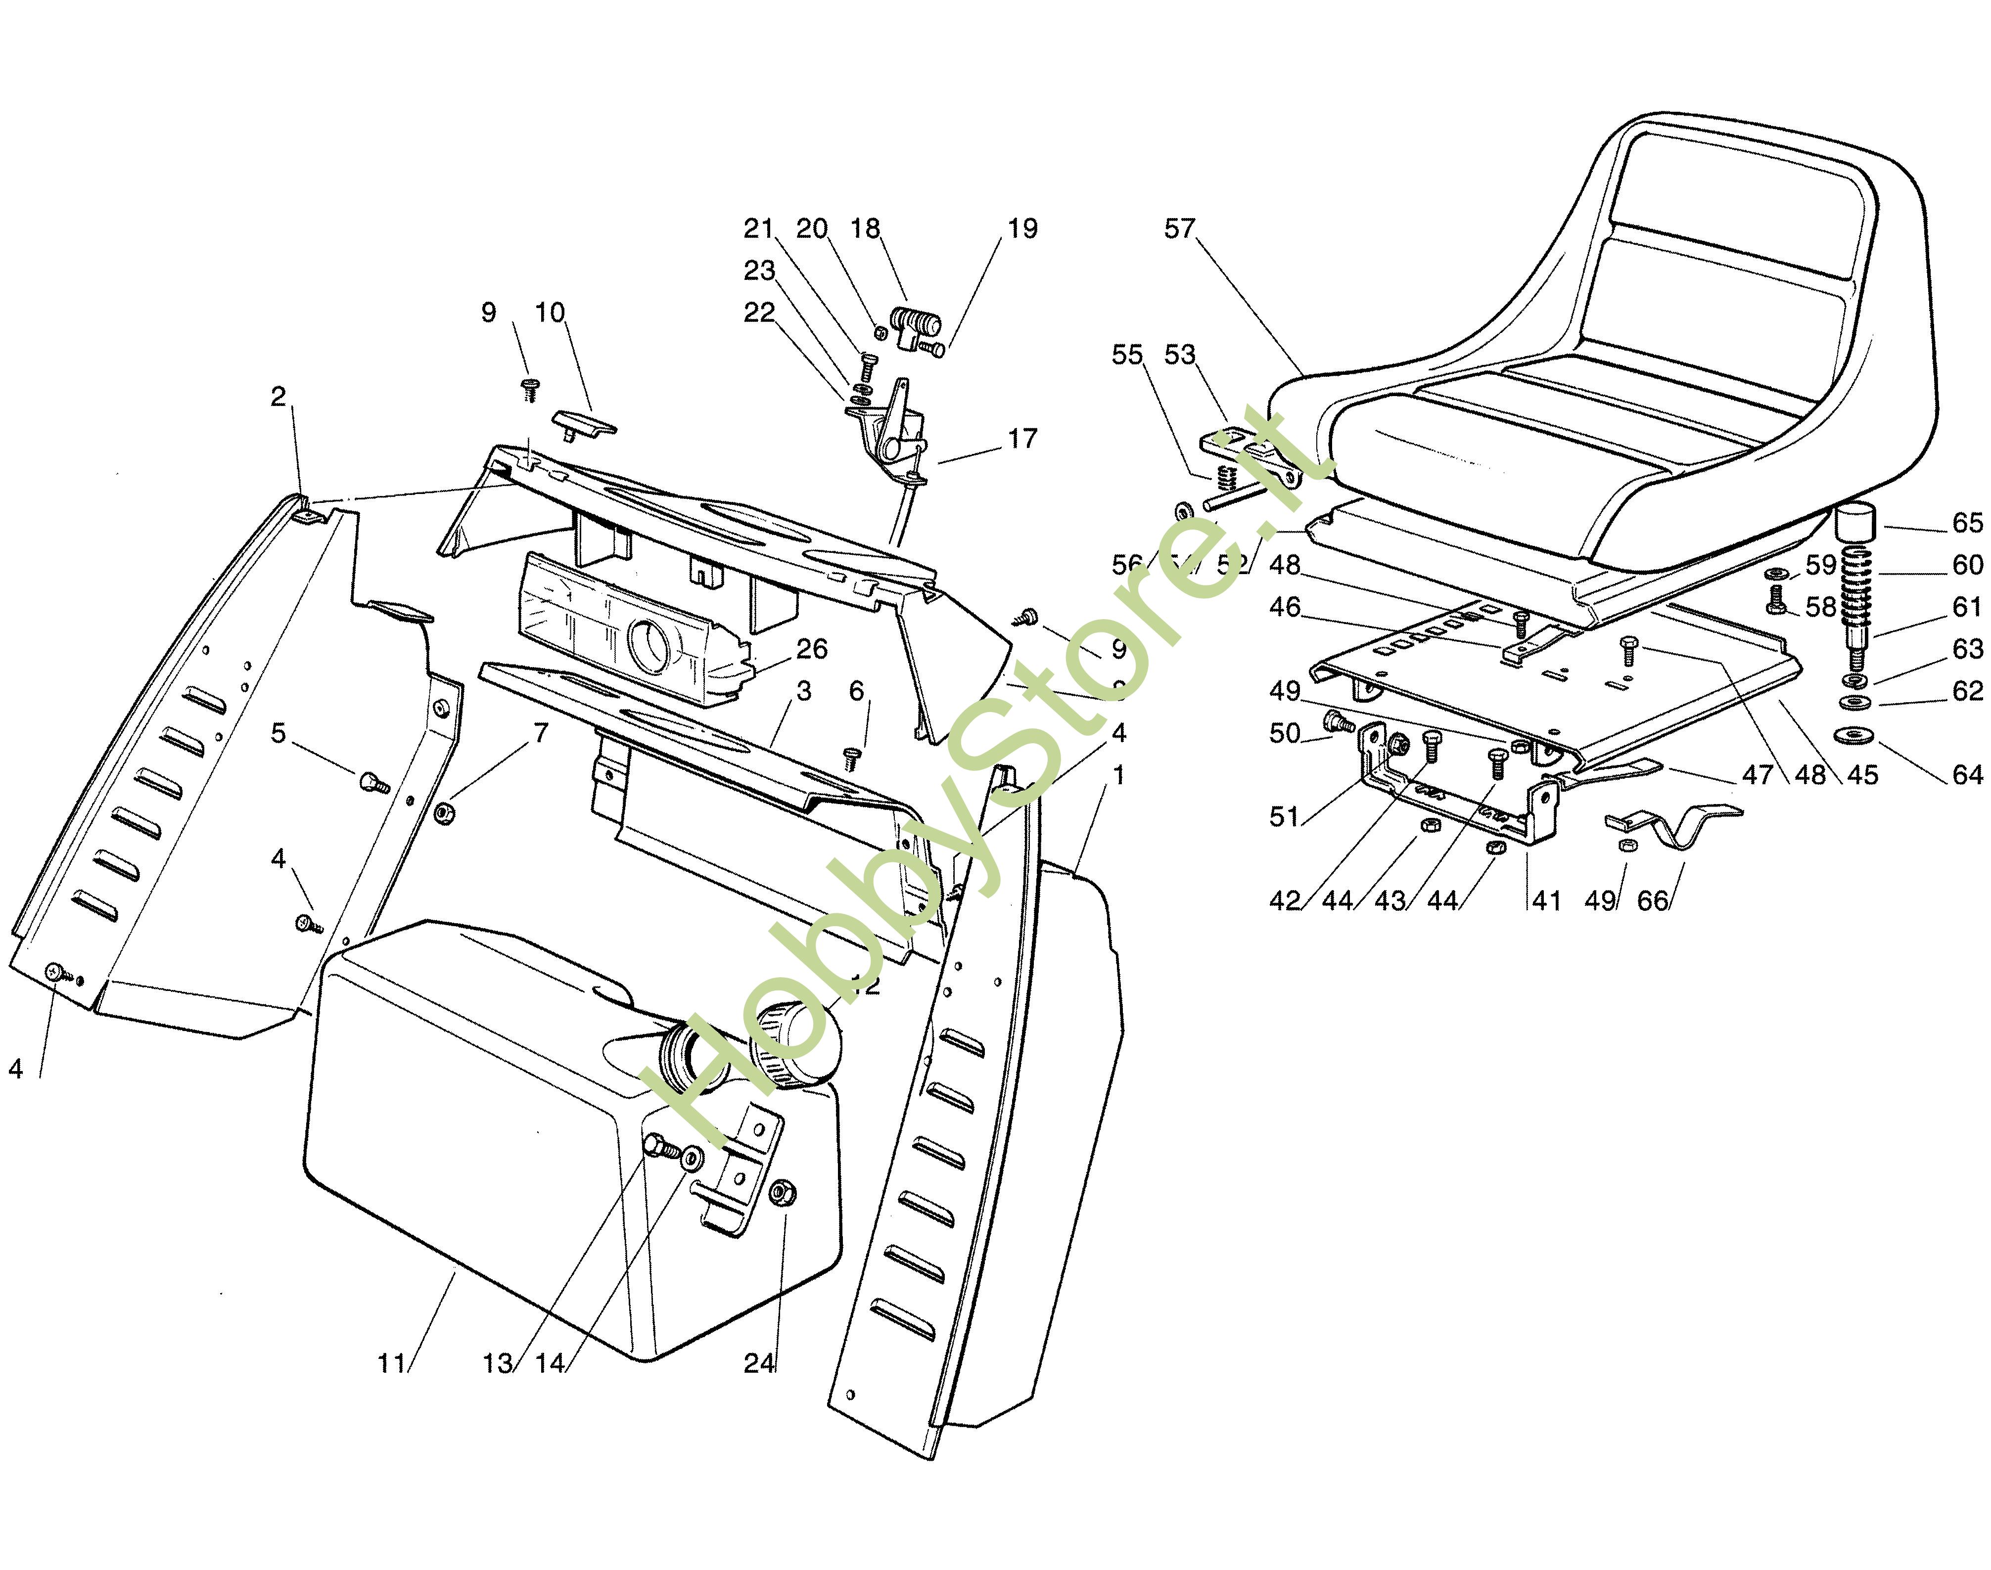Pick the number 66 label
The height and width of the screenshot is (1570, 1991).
1653,901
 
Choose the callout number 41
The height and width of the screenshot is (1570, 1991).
1547,901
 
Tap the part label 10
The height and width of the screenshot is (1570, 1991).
550,313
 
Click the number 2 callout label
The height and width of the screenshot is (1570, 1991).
278,396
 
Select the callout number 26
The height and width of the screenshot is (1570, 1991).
811,649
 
